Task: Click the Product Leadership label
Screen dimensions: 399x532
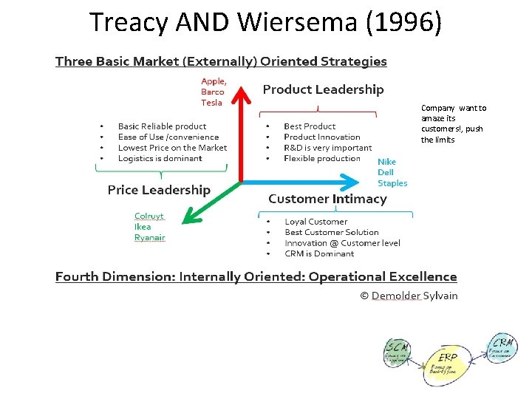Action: click(x=323, y=89)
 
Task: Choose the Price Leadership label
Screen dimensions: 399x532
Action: click(x=159, y=190)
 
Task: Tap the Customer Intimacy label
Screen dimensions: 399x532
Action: click(x=327, y=199)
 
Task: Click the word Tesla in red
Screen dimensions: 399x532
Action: click(x=211, y=103)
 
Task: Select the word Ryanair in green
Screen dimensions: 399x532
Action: click(x=149, y=237)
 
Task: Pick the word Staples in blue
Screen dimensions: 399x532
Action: click(x=392, y=183)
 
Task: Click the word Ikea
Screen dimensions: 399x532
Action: click(x=143, y=227)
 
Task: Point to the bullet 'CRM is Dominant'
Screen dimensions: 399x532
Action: click(x=319, y=253)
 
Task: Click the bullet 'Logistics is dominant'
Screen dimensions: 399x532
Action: click(x=160, y=158)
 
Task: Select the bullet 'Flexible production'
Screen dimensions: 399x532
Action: click(x=322, y=158)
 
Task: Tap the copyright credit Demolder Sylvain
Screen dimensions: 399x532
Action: click(x=409, y=296)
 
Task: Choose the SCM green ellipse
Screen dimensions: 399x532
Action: click(x=400, y=354)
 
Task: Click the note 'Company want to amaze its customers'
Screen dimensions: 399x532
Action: click(x=453, y=123)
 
